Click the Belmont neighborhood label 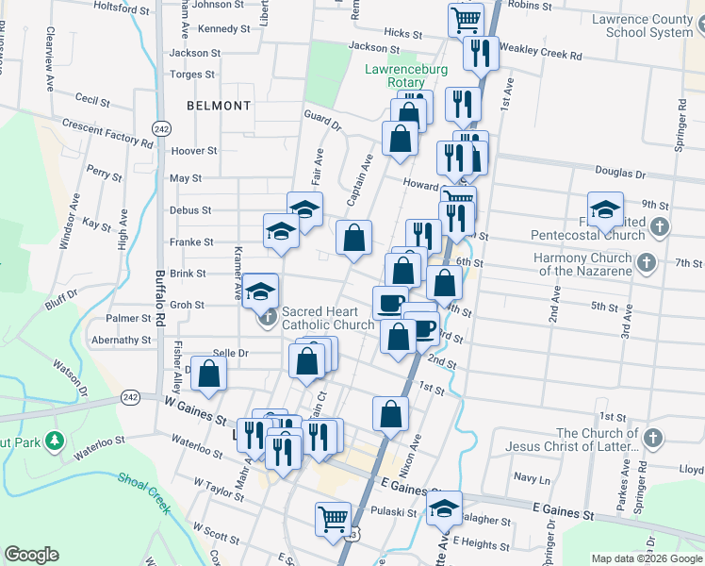pos(219,106)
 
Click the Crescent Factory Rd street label pos(108,133)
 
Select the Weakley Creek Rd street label pos(541,54)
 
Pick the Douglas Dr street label pos(619,173)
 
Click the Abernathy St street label pos(121,340)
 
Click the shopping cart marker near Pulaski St pos(333,517)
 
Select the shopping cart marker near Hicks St pos(466,19)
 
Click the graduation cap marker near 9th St pos(605,208)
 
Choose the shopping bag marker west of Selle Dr pos(208,373)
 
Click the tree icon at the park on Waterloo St pos(55,440)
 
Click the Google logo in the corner pos(32,555)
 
